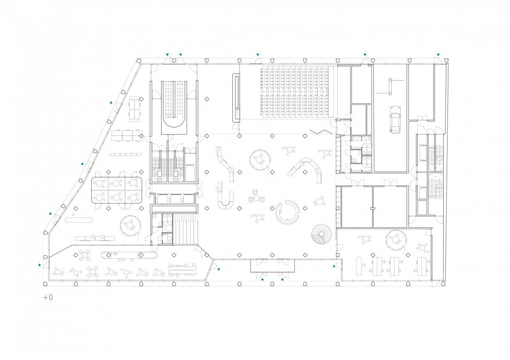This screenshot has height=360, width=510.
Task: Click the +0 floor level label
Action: click(x=48, y=298)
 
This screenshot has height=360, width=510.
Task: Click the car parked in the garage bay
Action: click(x=395, y=119)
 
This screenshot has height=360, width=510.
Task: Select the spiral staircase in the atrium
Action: click(x=321, y=234)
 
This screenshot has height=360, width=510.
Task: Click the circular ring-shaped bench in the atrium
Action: click(x=287, y=212)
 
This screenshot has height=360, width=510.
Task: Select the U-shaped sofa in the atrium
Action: click(x=225, y=200)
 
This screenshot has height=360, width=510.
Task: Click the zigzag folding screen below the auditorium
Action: click(x=321, y=131)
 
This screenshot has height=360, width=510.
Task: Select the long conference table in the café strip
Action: click(x=182, y=269)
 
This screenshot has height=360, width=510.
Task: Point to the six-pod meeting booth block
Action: click(x=117, y=190)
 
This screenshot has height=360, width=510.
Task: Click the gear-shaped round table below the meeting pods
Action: click(x=130, y=225)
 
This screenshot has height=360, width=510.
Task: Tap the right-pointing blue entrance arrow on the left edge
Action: click(x=40, y=265)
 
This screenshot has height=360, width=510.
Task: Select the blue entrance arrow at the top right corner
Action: click(x=438, y=55)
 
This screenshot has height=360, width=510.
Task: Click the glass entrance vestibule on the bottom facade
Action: click(x=273, y=266)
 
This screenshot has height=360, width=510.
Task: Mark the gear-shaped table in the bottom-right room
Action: click(x=396, y=240)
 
